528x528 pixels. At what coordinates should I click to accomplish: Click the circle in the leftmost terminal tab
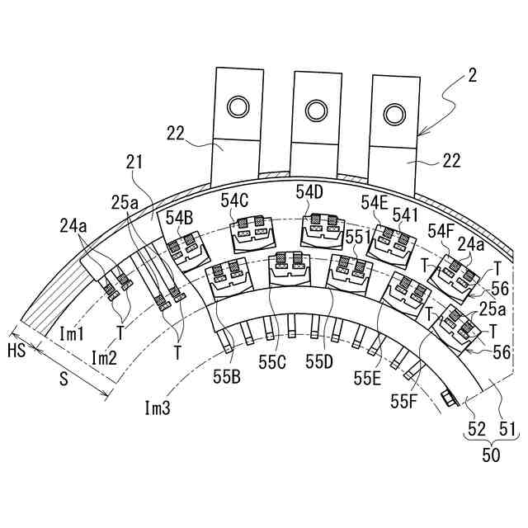tap(238, 107)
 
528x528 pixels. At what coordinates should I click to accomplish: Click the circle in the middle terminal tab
tap(316, 111)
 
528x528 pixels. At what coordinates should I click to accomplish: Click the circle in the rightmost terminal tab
tap(394, 115)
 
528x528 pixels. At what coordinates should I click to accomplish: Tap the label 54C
tap(234, 200)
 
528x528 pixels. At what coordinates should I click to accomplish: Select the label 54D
tap(310, 192)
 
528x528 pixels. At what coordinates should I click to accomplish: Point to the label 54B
tap(179, 218)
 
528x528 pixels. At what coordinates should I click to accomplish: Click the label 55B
tap(227, 377)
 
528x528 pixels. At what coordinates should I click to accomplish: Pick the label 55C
tap(272, 362)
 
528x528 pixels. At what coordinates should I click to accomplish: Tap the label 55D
tap(319, 362)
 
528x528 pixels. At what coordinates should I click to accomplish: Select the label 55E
tap(367, 378)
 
